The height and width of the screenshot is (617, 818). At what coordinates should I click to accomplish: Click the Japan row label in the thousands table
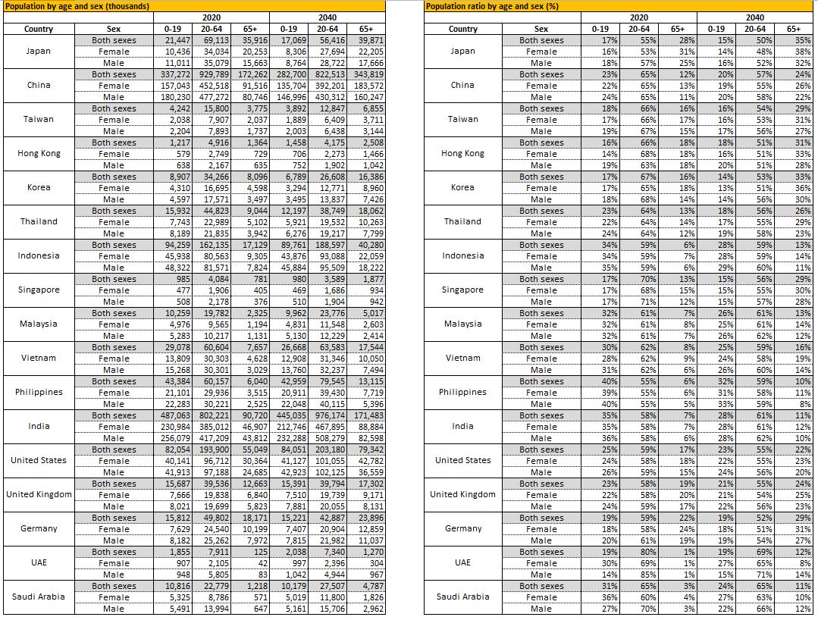tap(39, 52)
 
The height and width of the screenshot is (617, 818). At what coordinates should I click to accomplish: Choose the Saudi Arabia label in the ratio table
tap(462, 597)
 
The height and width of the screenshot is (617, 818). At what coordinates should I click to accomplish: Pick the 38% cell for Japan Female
tap(801, 52)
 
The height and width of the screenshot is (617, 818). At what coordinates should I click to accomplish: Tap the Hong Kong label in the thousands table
tap(39, 153)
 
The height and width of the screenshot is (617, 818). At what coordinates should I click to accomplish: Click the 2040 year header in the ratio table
tap(754, 17)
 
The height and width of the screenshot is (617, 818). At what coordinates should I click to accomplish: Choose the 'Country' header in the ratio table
tap(462, 29)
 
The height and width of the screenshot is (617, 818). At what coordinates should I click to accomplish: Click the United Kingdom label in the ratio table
tap(462, 494)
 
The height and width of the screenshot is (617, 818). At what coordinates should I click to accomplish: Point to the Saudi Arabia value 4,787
tap(372, 586)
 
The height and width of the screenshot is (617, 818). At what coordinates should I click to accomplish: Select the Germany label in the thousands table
tap(39, 528)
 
